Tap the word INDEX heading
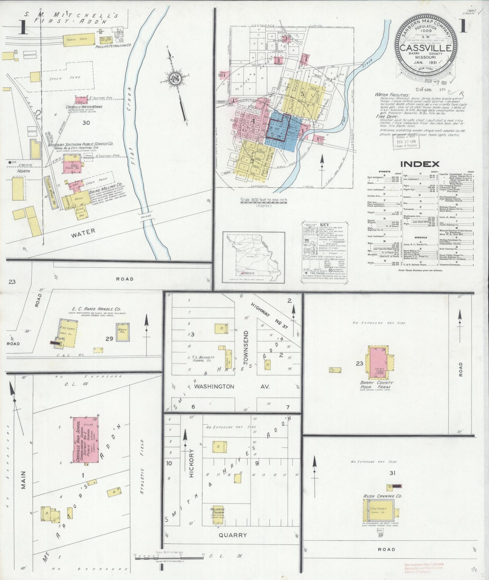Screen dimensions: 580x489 coord(420,164)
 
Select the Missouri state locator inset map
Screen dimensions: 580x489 coord(253,257)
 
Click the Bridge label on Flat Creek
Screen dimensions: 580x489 coord(147,216)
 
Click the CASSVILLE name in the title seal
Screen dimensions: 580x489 coord(426,48)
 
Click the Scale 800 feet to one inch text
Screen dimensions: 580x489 coord(263,200)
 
